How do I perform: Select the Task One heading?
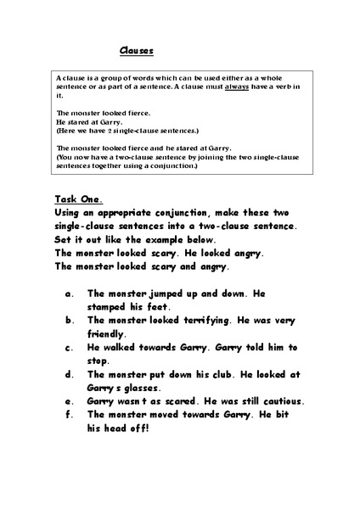78,200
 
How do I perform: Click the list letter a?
67,294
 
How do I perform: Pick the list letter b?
67,321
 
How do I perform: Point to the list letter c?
67,347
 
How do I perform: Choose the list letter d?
67,374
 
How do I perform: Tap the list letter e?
67,400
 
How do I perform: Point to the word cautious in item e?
280,400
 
